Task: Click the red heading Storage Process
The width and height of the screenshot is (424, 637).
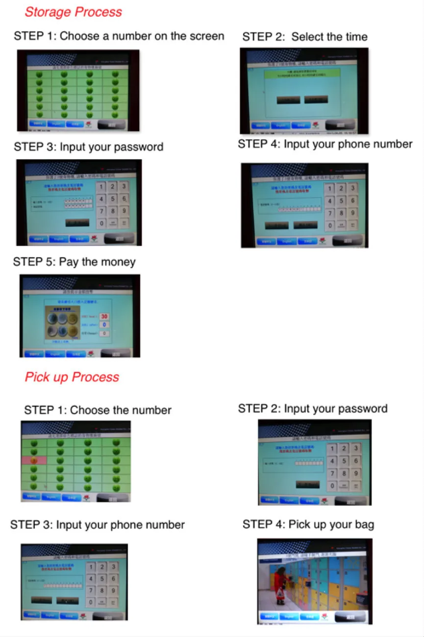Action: pos(73,12)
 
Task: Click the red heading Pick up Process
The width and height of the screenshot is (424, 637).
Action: pos(72,377)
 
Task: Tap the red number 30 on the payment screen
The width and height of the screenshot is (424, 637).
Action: pos(104,317)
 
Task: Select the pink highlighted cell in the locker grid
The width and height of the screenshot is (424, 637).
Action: pos(34,460)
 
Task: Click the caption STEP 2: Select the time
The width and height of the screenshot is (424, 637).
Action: pos(304,37)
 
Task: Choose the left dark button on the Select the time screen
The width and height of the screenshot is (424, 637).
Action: pos(288,99)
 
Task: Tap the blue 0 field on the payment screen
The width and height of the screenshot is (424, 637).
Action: pos(104,325)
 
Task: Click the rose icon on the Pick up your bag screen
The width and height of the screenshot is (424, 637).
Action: pos(324,616)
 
